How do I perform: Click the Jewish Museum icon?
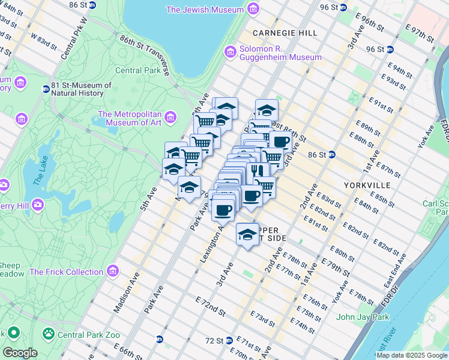[x=254, y=10]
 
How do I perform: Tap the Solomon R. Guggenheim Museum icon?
[x=230, y=53]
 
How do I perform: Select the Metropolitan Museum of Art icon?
[x=170, y=116]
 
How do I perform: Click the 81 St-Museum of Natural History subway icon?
[x=46, y=89]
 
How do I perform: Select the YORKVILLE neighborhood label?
[x=368, y=185]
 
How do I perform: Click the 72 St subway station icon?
[x=229, y=340]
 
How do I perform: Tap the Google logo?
[x=20, y=353]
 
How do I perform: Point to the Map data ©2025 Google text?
[x=411, y=355]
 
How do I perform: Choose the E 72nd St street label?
[x=210, y=306]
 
